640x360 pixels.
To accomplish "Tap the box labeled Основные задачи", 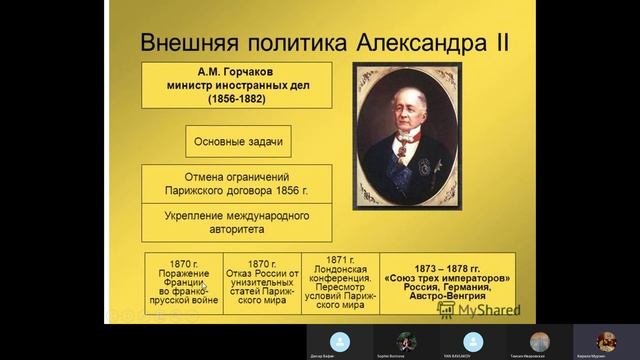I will tap(237, 141).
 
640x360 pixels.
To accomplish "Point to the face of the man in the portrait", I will tap(407, 111).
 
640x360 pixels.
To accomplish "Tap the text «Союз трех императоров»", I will tap(447, 277).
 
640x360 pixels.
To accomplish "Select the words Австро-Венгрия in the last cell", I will tap(447, 298).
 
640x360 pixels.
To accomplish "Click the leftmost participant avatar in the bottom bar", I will tap(339, 341).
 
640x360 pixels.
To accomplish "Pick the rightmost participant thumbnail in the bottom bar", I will tap(606, 341).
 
